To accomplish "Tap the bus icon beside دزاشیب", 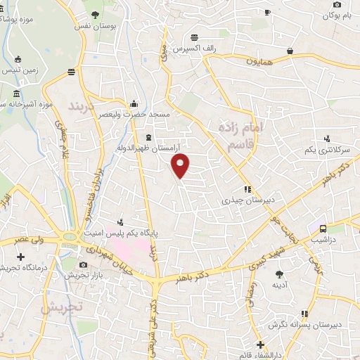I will coord(323,228).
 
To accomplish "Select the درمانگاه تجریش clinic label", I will coord(20,268).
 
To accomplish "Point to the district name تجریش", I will coord(62,307).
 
